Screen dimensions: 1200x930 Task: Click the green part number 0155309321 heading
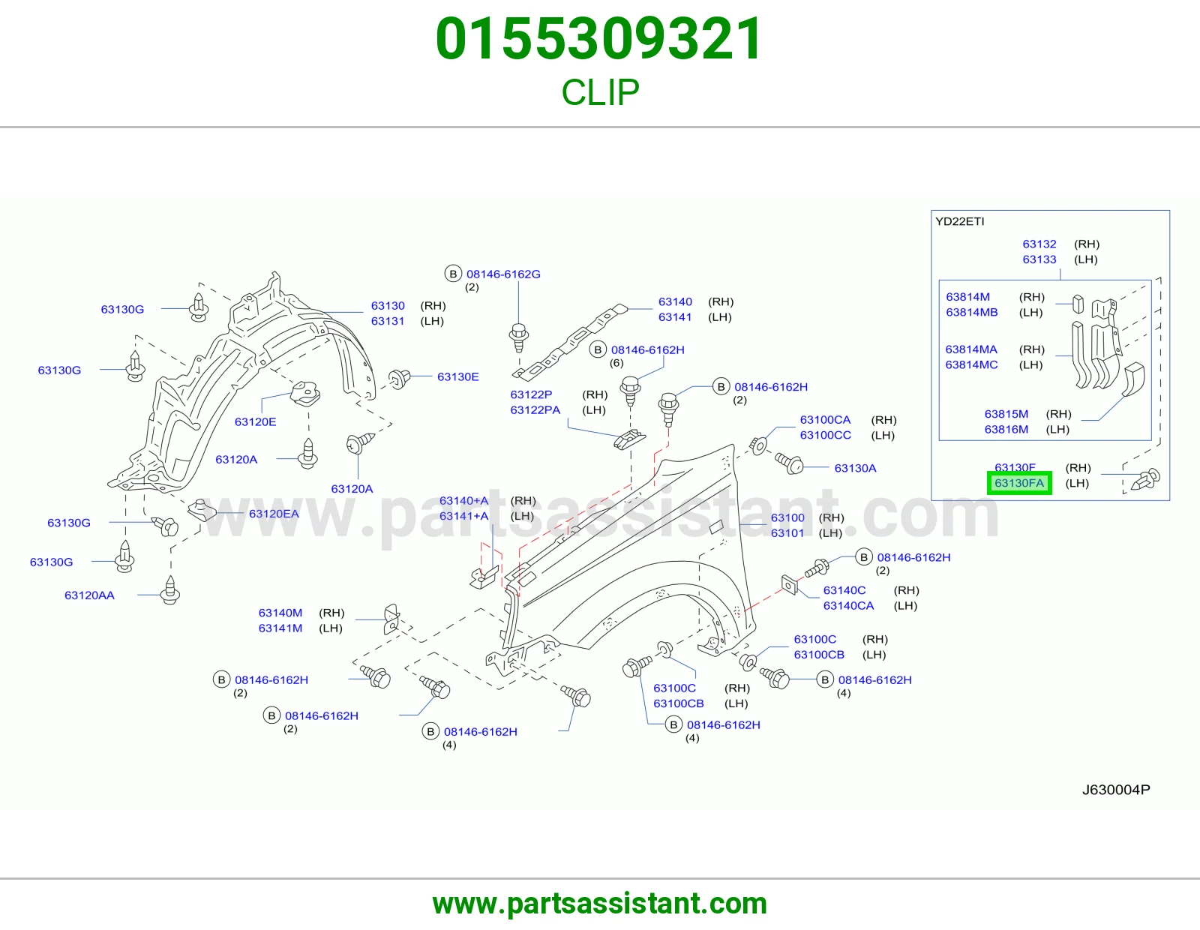(x=599, y=39)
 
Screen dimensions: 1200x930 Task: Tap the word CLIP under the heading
(x=600, y=92)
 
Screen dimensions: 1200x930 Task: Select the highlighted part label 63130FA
(x=1019, y=483)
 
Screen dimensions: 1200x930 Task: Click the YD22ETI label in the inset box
(x=960, y=221)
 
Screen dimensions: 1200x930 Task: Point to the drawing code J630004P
(x=1116, y=790)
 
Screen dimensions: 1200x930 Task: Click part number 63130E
(x=457, y=376)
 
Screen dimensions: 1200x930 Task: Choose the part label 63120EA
(x=274, y=514)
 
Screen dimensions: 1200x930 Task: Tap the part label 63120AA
(x=89, y=595)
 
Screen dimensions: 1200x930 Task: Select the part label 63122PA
(x=535, y=409)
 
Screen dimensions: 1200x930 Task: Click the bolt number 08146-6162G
(x=504, y=274)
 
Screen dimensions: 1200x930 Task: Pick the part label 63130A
(x=856, y=468)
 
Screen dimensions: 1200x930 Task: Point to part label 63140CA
(x=849, y=606)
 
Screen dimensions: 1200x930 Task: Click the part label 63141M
(x=280, y=628)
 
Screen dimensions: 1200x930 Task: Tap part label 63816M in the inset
(x=1006, y=430)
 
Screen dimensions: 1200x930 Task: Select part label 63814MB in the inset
(x=972, y=313)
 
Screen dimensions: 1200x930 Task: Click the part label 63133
(x=1039, y=259)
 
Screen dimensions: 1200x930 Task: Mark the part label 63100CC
(x=826, y=435)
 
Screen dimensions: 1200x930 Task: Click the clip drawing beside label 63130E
(x=399, y=379)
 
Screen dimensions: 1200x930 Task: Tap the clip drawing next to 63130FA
(x=1145, y=478)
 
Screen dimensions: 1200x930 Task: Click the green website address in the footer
(x=600, y=904)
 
